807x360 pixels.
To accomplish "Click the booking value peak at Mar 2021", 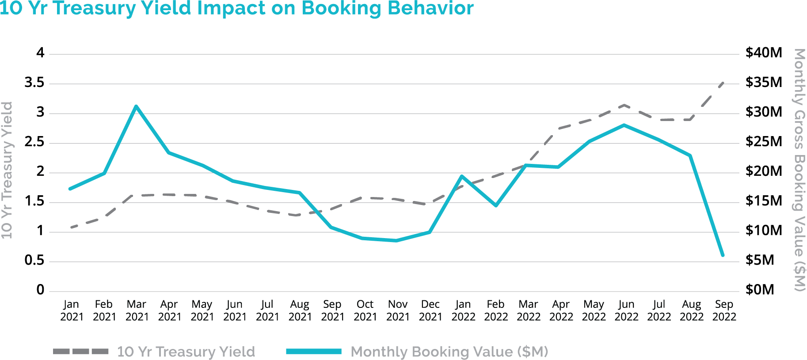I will pos(136,106).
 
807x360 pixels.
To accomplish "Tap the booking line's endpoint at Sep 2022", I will pos(723,255).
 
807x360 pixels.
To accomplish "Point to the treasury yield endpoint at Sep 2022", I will pos(723,83).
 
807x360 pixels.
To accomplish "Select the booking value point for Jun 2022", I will pos(624,125).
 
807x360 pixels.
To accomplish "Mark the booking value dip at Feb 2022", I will pos(496,205).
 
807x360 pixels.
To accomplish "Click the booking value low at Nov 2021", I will pos(396,241).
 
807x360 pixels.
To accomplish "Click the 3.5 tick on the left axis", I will pos(34,83).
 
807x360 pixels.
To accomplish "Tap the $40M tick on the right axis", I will pos(764,53).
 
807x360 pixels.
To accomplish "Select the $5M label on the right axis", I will pos(760,260).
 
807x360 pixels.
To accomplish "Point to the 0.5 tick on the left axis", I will pos(34,260).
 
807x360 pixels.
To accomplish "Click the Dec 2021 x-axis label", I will pos(430,311).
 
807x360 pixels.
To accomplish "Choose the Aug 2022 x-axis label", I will pos(691,311).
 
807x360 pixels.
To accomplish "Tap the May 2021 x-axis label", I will pos(202,311).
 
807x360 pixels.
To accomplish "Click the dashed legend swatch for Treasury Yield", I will pos(80,352).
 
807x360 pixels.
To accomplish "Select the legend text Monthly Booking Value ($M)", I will pos(449,352).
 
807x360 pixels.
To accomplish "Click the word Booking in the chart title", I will pos(341,9).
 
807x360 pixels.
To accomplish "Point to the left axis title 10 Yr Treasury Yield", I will pos(7,170).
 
